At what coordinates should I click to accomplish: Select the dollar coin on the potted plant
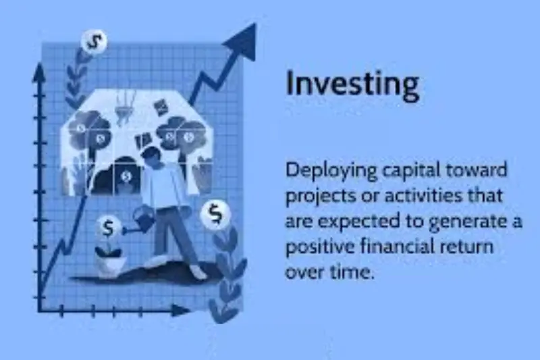(x=108, y=227)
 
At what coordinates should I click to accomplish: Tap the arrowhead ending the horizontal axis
(x=184, y=310)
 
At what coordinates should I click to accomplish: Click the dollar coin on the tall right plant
(x=215, y=214)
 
